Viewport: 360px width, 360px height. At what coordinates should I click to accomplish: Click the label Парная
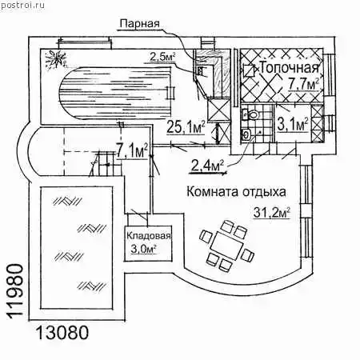(139, 23)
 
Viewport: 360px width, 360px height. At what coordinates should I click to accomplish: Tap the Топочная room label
(289, 68)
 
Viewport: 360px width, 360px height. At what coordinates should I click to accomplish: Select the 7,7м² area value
(303, 83)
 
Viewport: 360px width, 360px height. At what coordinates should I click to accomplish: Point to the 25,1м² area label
(186, 127)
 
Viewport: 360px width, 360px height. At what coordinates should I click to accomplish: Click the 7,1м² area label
(132, 152)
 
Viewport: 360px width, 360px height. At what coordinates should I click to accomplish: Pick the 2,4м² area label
(207, 166)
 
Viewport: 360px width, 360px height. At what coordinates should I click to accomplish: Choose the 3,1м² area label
(293, 125)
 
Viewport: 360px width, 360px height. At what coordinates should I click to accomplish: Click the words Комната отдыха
(236, 192)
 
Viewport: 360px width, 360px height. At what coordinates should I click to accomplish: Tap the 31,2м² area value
(271, 213)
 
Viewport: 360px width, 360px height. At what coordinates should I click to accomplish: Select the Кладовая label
(148, 236)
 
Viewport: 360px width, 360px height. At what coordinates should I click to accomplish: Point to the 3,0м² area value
(143, 249)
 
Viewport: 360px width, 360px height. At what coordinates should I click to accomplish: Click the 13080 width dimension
(62, 333)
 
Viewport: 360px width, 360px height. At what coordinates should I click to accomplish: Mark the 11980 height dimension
(14, 290)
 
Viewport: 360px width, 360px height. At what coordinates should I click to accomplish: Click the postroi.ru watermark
(22, 5)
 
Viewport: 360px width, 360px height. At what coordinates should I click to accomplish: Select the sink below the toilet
(246, 134)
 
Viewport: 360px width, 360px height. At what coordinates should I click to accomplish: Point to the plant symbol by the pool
(55, 60)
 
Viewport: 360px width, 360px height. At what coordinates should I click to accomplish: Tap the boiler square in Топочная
(250, 71)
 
